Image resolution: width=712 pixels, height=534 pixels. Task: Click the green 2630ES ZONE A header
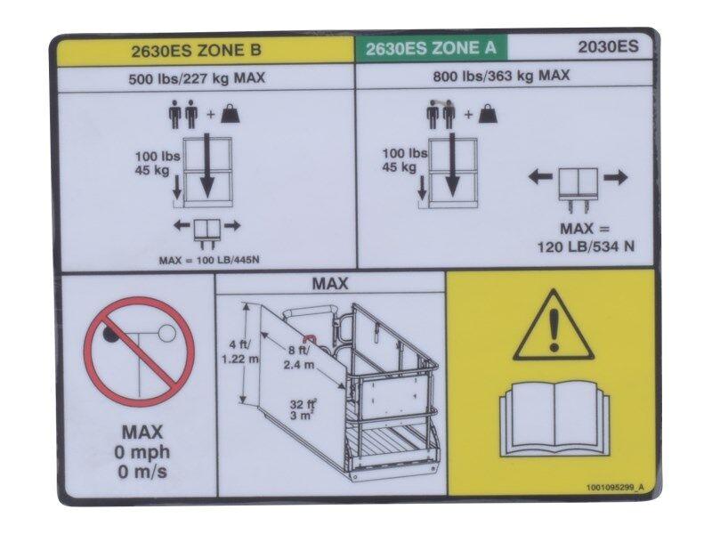(432, 48)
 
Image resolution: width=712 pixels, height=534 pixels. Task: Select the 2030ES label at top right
(608, 48)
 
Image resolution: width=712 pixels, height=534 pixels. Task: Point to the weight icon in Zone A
(487, 114)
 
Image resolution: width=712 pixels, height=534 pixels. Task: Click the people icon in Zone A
(440, 113)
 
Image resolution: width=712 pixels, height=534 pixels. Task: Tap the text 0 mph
(142, 452)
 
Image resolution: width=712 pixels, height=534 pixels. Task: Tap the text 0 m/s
(142, 472)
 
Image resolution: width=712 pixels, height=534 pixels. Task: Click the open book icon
(552, 417)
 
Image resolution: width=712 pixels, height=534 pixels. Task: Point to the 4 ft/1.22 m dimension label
(238, 351)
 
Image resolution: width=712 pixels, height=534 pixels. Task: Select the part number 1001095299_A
(616, 488)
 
